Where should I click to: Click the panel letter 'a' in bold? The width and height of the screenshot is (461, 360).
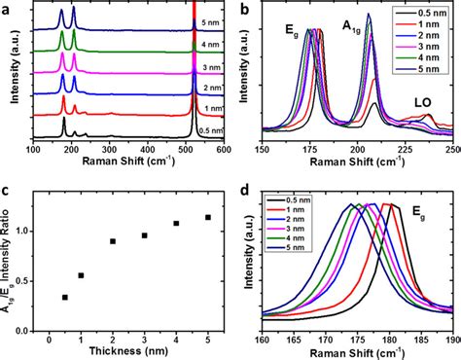click(x=7, y=9)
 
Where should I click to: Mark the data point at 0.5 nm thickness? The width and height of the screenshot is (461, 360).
click(x=65, y=297)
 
